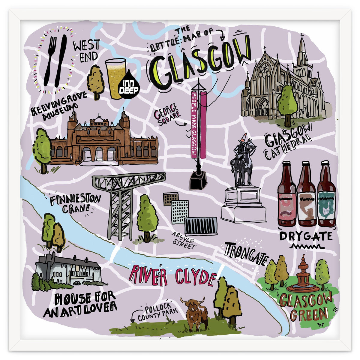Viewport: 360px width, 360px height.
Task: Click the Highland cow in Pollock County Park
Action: click(x=195, y=312)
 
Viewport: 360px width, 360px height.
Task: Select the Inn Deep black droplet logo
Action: click(x=129, y=85)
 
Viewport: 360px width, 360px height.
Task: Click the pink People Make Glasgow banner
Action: click(x=194, y=124)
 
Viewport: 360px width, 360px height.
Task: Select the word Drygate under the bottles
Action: click(x=305, y=236)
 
